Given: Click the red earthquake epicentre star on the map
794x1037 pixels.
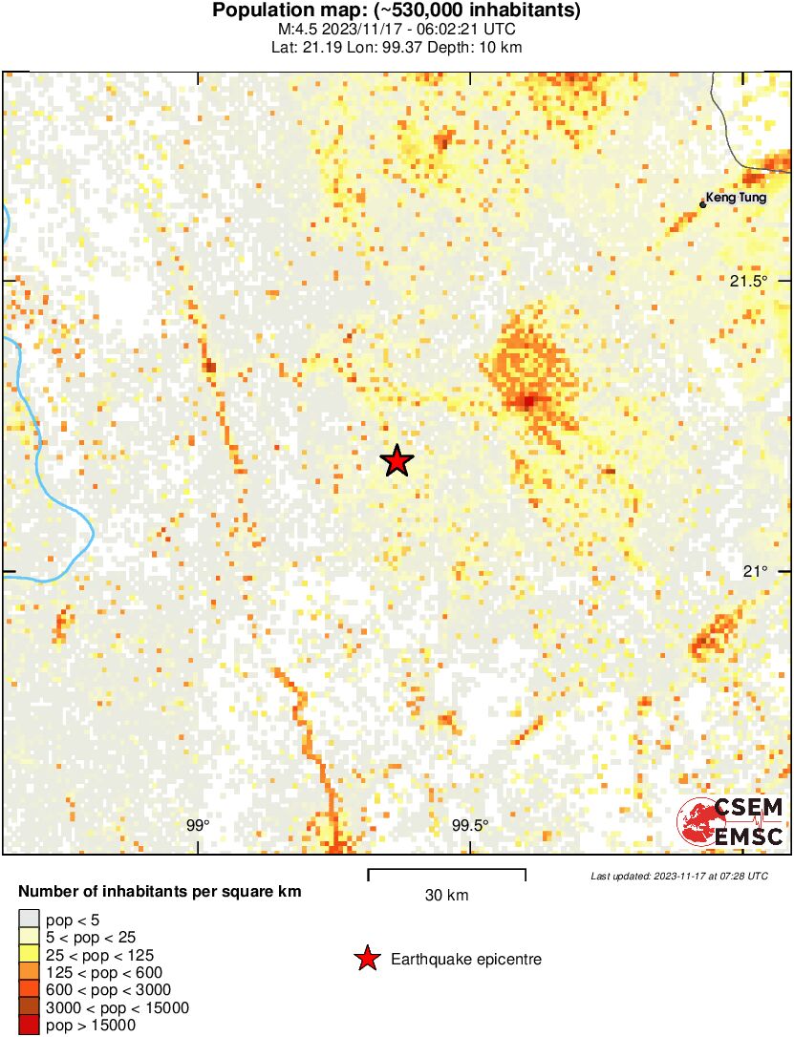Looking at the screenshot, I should point(397,461).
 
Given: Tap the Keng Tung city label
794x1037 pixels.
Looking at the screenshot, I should point(737,200).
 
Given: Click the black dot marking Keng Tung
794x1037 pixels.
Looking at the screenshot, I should point(703,203).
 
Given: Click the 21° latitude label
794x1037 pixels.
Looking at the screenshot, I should point(756,571).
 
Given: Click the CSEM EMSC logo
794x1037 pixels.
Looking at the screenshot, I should point(731,822).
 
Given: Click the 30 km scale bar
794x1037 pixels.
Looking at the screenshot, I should point(446,871).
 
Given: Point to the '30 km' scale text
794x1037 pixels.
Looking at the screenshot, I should point(446,896).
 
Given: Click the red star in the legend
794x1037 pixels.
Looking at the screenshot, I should point(367,959).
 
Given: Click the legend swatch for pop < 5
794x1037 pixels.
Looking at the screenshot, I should point(29,921).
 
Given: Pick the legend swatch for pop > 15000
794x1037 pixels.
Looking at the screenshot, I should point(29,1026).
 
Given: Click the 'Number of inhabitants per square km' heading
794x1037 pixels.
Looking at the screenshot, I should point(161,892).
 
